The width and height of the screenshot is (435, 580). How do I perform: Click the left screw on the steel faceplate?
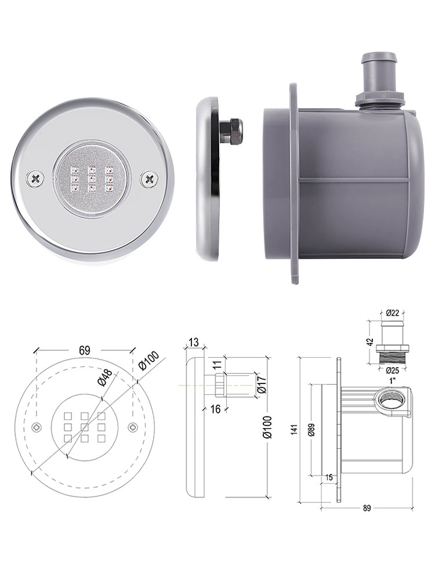35,179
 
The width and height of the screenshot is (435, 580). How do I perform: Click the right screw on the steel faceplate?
149,179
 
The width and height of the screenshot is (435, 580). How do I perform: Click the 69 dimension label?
84,350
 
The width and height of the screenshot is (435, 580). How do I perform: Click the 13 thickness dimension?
193,342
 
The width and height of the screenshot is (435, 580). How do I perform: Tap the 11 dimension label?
217,363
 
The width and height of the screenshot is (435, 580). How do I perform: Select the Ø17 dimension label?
262,385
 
